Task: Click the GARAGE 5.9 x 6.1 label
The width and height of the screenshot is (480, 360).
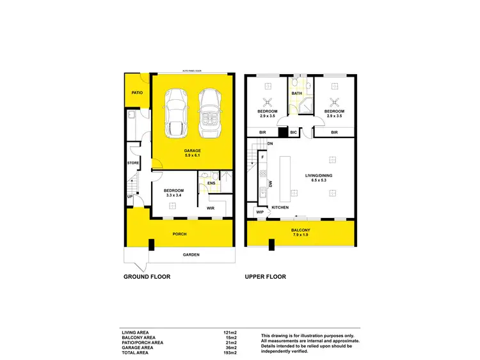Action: [192, 153]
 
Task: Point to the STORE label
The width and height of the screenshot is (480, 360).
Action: [133, 163]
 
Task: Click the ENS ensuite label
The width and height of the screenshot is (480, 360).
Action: [211, 183]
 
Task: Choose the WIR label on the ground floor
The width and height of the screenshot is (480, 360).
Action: [209, 208]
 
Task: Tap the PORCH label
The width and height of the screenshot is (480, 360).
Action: [180, 234]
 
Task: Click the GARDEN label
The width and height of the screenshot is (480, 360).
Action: [191, 255]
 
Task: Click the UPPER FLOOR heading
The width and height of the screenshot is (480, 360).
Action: [265, 277]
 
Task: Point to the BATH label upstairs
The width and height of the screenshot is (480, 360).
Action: [296, 94]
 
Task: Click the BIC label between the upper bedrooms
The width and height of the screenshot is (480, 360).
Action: [293, 132]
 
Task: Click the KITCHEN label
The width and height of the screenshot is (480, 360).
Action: [280, 208]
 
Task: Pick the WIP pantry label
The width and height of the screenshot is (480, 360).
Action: [260, 212]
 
